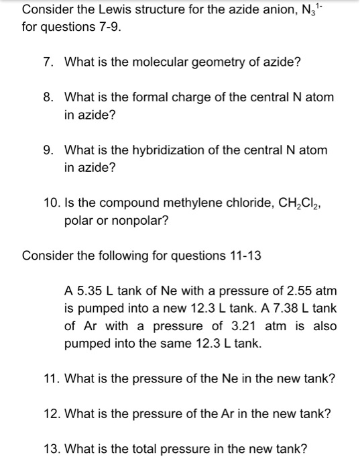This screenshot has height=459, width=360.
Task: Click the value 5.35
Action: point(87,291)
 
